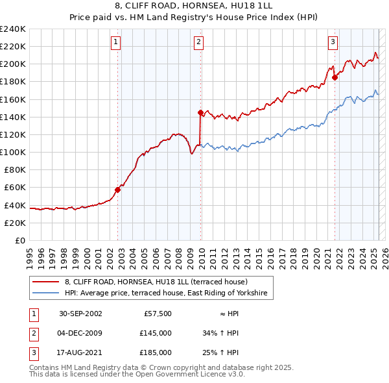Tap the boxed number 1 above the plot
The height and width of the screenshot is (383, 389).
115,43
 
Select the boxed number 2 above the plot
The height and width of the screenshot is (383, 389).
198,43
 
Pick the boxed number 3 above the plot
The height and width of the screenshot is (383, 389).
333,43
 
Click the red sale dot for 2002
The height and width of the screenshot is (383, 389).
118,190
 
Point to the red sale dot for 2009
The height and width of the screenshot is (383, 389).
200,112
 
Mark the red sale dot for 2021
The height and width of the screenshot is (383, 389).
335,77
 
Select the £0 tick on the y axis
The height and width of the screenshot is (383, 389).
20,240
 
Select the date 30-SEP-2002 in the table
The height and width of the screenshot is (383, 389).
80,314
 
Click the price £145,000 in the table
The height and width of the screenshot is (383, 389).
156,333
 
